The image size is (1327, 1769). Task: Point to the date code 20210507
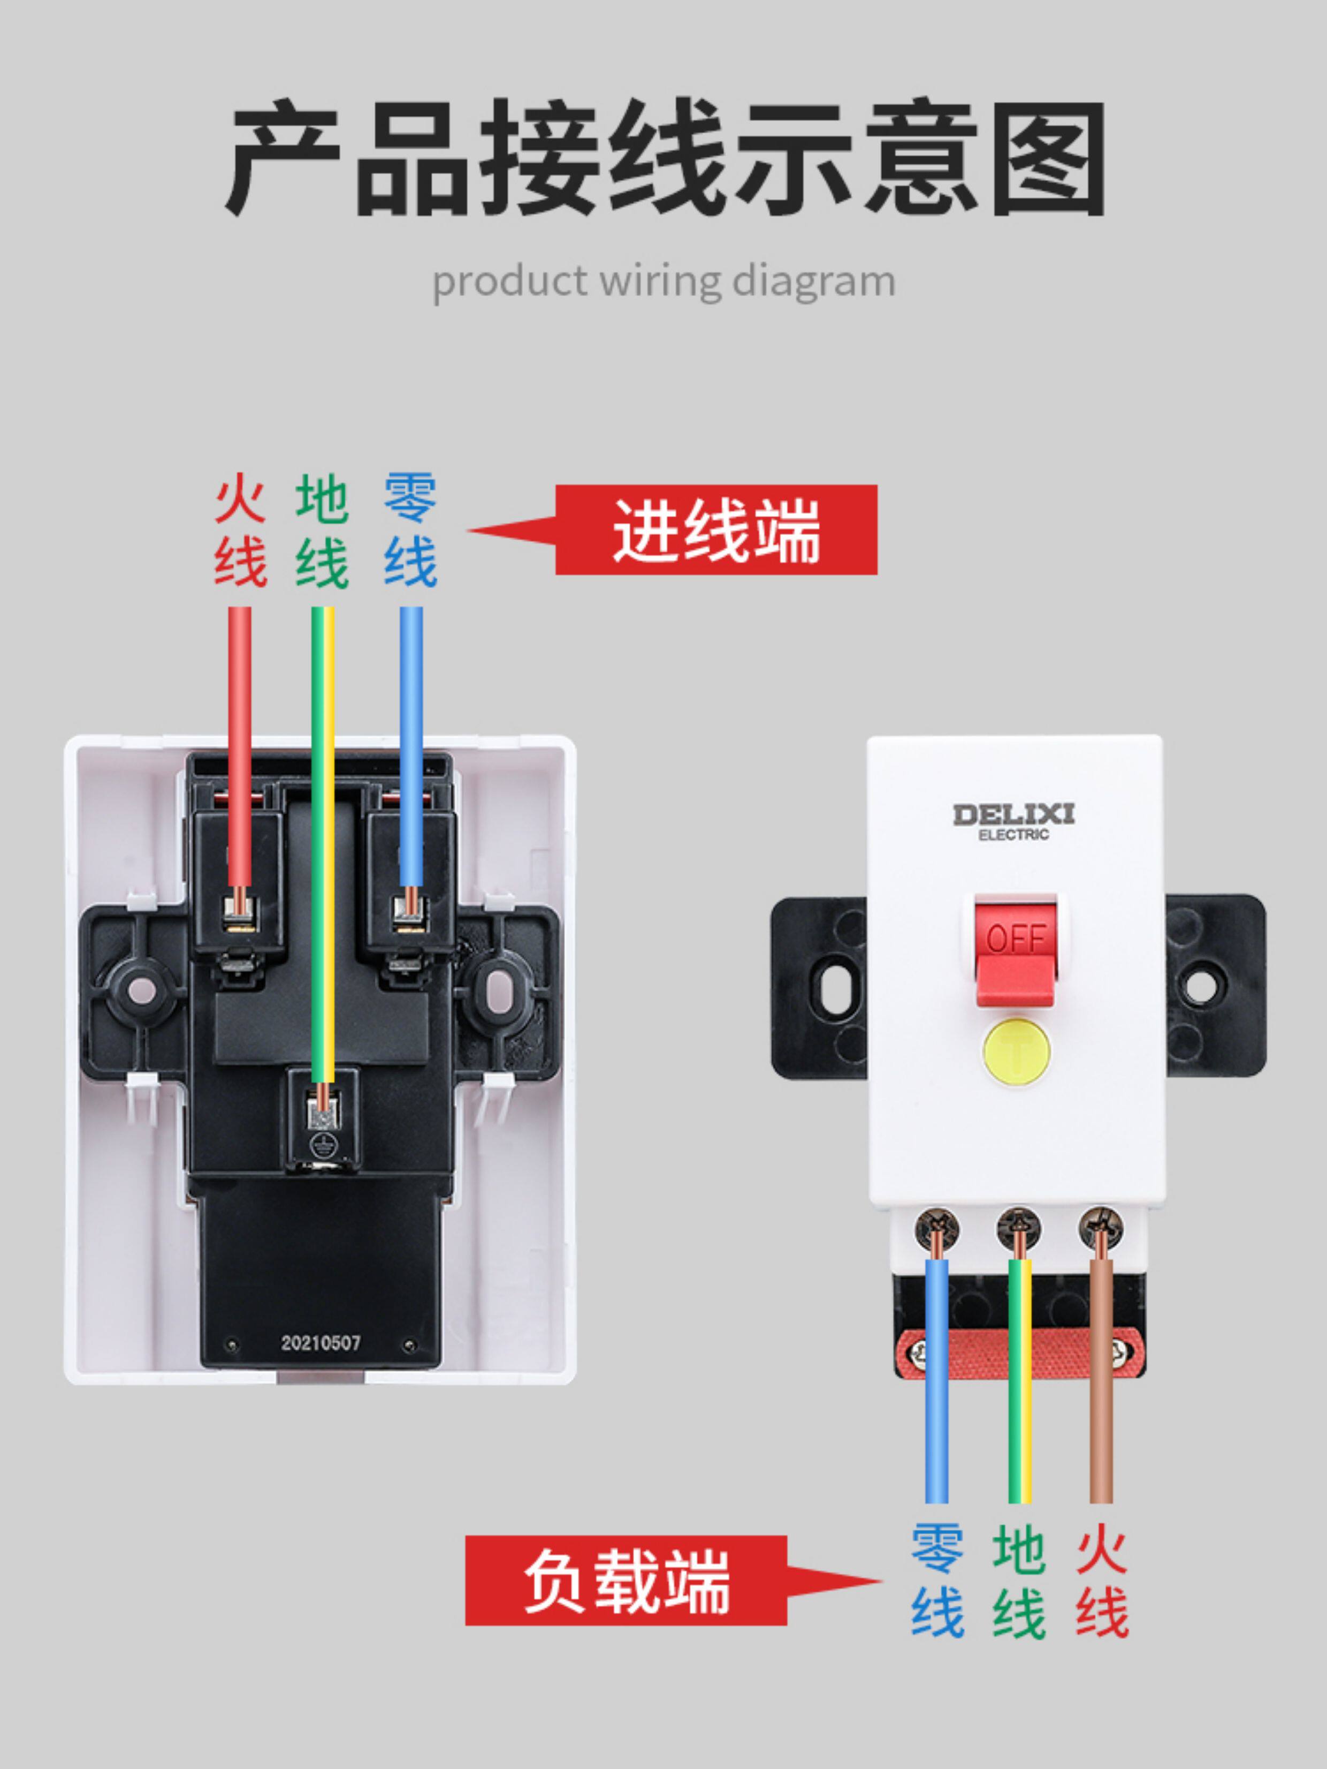[321, 1343]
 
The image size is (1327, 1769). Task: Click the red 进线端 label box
[716, 530]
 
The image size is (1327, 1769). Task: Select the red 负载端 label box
[626, 1580]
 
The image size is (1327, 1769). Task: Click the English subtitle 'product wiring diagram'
[663, 282]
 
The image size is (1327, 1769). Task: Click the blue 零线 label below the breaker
[937, 1580]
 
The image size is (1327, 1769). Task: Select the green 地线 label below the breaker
[1019, 1580]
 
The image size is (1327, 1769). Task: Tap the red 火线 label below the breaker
[1102, 1580]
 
